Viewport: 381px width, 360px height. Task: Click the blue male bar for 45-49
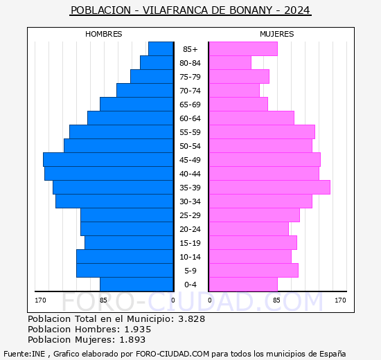[108, 160]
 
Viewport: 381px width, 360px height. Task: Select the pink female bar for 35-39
[269, 188]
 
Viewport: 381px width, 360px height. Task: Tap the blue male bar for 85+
[161, 49]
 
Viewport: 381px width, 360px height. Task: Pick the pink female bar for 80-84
[229, 63]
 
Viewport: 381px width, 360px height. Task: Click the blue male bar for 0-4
[136, 285]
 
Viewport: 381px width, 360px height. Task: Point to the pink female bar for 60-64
[251, 118]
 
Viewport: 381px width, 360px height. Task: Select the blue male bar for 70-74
[145, 91]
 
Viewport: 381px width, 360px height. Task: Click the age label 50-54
[190, 146]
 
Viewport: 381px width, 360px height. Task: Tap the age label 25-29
[190, 215]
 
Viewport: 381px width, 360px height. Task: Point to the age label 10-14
[190, 257]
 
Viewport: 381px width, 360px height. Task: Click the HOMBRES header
[103, 34]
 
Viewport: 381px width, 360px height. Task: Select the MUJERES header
[276, 34]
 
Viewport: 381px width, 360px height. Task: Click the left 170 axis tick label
[40, 300]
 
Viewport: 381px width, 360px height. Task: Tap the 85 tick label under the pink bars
[276, 300]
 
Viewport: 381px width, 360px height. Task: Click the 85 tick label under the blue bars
[103, 300]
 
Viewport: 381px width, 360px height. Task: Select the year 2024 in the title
[297, 10]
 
